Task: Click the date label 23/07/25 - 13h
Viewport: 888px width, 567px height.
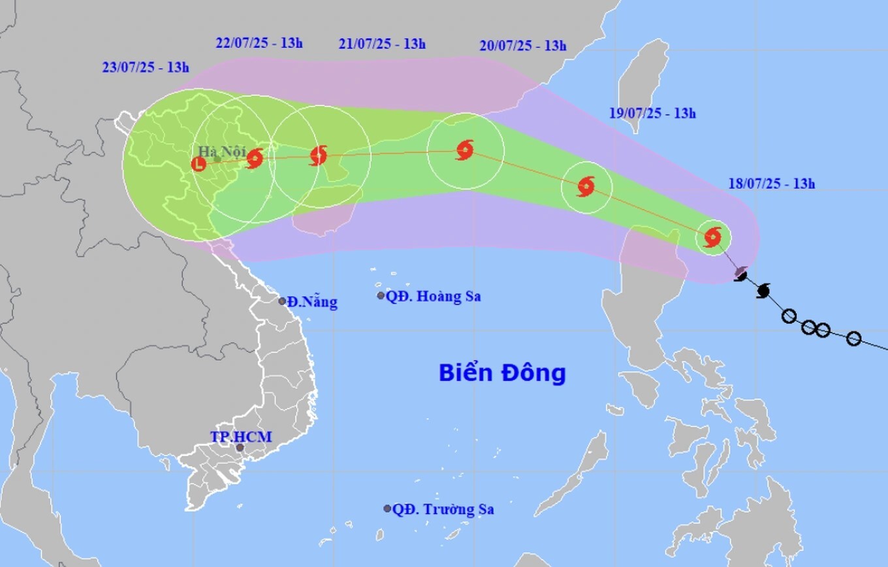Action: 145,67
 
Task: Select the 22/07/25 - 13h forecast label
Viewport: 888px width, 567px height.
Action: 259,44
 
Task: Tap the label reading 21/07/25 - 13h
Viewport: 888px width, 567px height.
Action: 382,44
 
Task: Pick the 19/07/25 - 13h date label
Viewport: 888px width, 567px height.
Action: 652,113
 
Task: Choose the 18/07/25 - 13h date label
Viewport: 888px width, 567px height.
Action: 771,184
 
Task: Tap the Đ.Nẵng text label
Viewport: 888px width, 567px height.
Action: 312,302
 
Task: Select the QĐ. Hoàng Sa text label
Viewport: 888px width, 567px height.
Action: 433,296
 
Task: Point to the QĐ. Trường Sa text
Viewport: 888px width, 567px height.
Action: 443,509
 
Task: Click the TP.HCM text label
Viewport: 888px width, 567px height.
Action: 241,436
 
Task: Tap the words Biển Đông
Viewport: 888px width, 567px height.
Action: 502,373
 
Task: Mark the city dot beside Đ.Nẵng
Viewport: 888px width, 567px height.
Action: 283,301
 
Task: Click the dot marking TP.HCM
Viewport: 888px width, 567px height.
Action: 240,447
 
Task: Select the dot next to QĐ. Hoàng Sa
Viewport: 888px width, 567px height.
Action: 381,296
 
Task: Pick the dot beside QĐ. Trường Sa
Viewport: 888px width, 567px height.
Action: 387,508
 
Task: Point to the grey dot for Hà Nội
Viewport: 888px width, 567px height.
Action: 217,159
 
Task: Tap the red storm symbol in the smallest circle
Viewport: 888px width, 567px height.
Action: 713,236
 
